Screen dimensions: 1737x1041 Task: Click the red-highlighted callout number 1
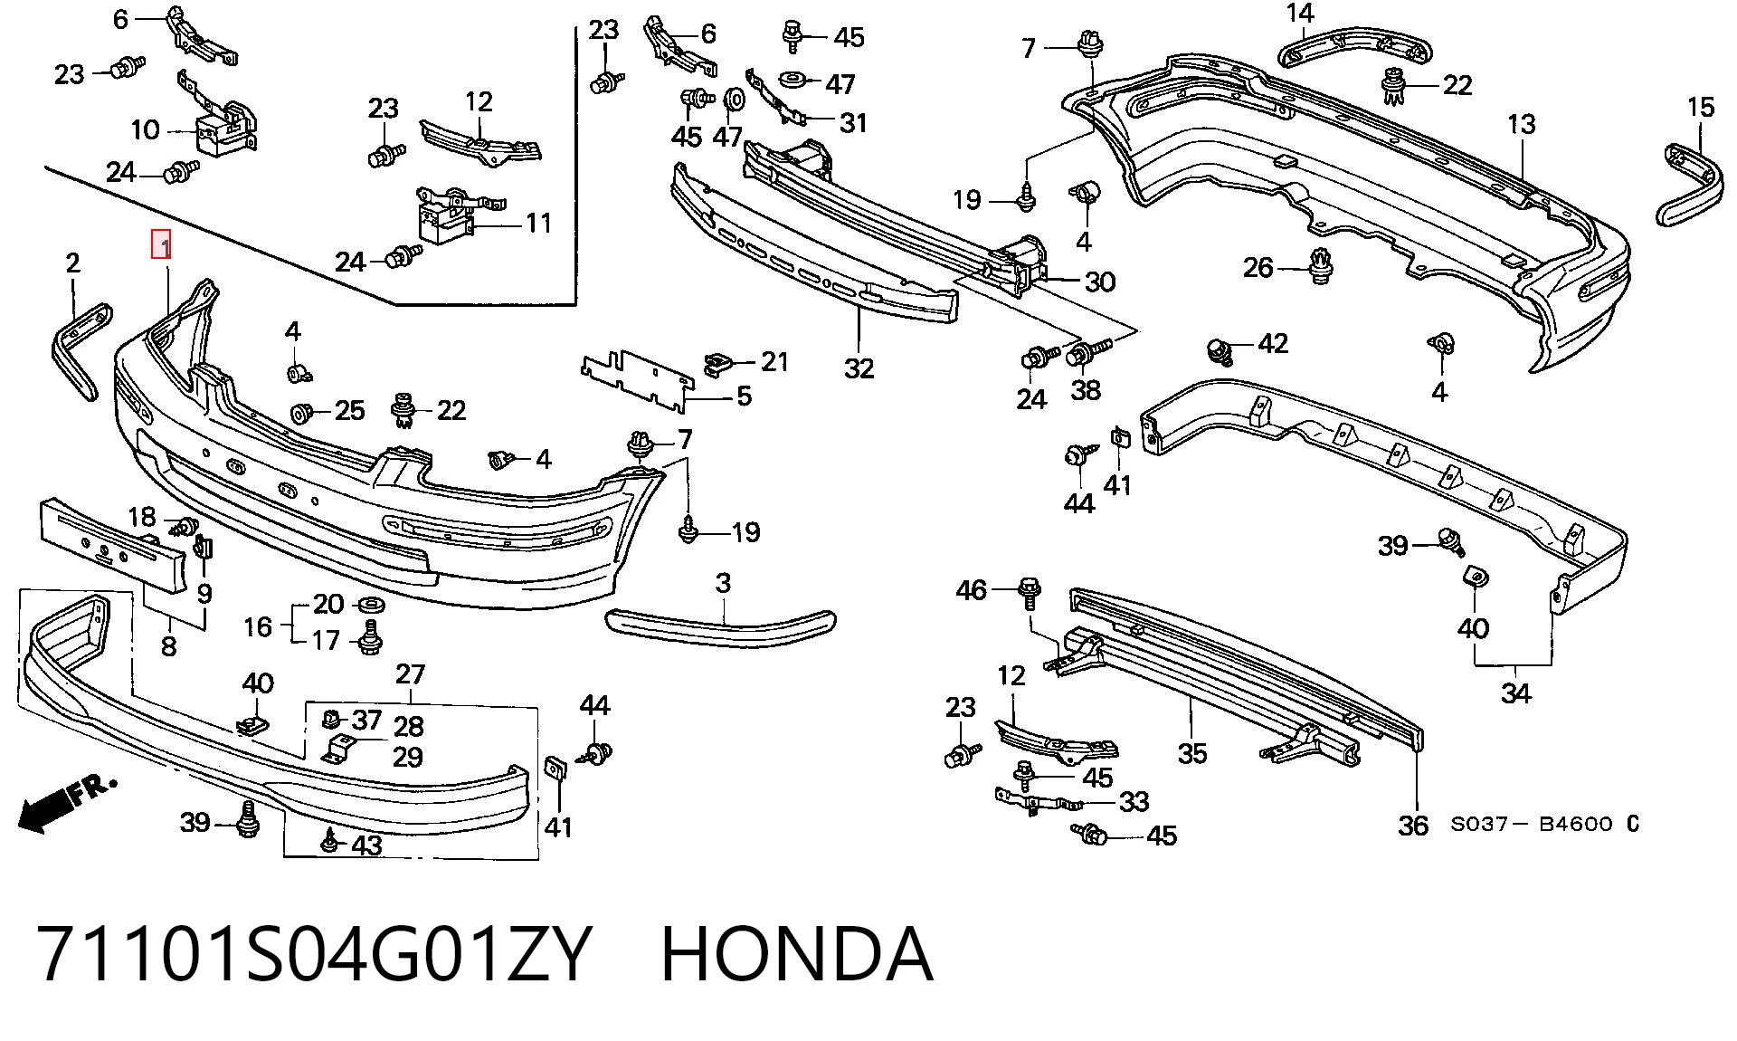point(161,244)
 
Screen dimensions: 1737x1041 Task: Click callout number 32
point(859,368)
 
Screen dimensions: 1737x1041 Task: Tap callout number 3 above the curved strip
point(723,583)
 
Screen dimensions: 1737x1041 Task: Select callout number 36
point(1413,825)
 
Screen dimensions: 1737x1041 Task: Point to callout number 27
point(410,673)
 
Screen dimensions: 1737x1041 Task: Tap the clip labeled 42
point(1220,349)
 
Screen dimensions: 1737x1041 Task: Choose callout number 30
point(1099,282)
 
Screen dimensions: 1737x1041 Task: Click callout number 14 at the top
point(1300,13)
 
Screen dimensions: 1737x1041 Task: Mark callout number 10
point(145,129)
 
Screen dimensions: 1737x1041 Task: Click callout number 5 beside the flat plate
point(744,396)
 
